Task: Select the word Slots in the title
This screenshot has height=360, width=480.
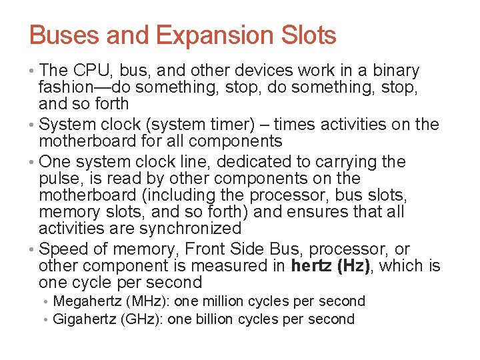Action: [306, 35]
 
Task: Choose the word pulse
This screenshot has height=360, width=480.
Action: [59, 179]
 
